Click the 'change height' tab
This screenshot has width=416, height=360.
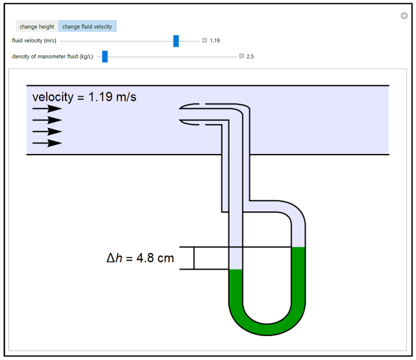pyautogui.click(x=37, y=26)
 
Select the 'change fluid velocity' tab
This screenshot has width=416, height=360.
pyautogui.click(x=87, y=26)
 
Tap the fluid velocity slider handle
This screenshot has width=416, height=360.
pyautogui.click(x=176, y=41)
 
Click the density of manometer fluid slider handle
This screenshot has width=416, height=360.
pyautogui.click(x=105, y=56)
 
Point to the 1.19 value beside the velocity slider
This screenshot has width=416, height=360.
pyautogui.click(x=215, y=41)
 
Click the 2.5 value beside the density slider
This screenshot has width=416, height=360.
pyautogui.click(x=250, y=56)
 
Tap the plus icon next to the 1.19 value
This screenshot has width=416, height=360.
pyautogui.click(x=204, y=41)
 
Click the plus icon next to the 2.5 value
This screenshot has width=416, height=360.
pyautogui.click(x=242, y=56)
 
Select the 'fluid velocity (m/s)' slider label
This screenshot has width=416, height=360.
pyautogui.click(x=34, y=41)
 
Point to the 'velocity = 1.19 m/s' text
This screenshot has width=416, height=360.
pyautogui.click(x=84, y=97)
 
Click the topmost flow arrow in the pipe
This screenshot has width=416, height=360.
pyautogui.click(x=47, y=108)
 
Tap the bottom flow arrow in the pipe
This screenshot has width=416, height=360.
pyautogui.click(x=47, y=143)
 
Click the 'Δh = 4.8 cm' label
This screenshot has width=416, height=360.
pyautogui.click(x=140, y=258)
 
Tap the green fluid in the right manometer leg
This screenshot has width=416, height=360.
pyautogui.click(x=299, y=277)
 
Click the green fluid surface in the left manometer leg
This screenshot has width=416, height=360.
pyautogui.click(x=236, y=270)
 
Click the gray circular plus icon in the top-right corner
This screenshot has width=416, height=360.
pyautogui.click(x=404, y=16)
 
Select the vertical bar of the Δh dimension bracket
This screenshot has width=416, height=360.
pyautogui.click(x=194, y=258)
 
